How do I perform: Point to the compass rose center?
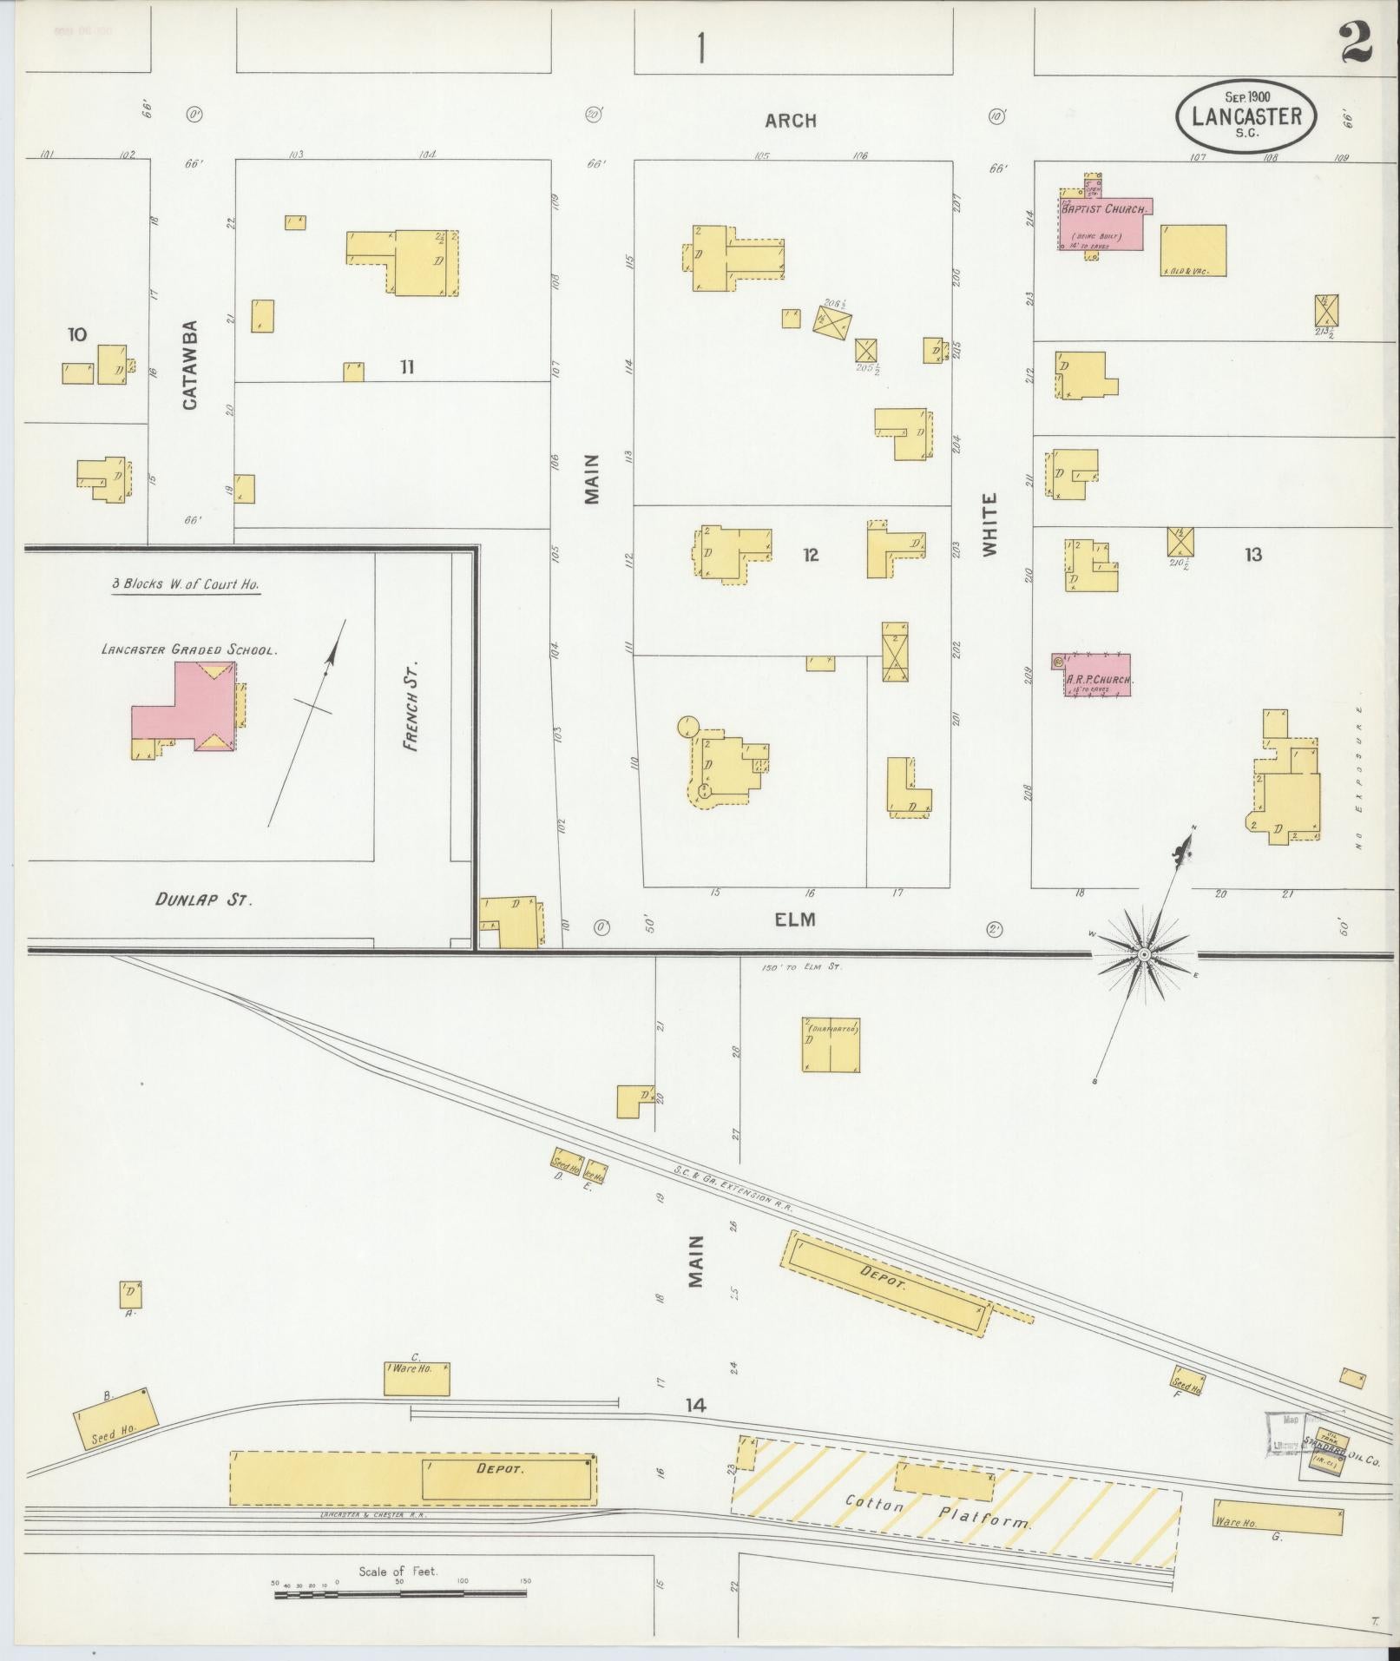1144,954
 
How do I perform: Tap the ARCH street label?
790,121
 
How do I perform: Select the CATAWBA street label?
191,366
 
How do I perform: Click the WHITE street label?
990,524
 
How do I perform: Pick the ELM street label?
795,919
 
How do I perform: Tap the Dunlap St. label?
204,900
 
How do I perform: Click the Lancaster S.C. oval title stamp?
1246,117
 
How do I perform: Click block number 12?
810,555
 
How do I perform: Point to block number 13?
1252,554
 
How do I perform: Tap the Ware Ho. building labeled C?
417,1378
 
